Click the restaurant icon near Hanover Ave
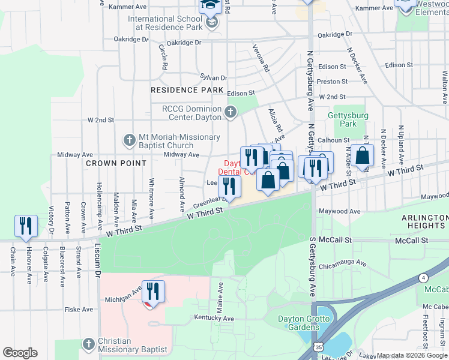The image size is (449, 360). click(26, 226)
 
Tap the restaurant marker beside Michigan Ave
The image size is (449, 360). click(153, 292)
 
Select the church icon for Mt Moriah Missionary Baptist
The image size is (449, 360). click(129, 140)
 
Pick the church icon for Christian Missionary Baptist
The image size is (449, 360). click(89, 344)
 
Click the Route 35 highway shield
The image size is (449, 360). click(317, 348)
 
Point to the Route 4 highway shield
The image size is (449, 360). click(424, 277)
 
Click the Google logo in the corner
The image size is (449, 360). click(20, 353)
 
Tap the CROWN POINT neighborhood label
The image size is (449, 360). click(116, 163)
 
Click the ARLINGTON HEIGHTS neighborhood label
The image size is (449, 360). click(416, 221)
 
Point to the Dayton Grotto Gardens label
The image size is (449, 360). click(303, 323)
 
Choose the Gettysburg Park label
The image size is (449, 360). click(343, 119)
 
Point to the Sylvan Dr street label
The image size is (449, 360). click(213, 78)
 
